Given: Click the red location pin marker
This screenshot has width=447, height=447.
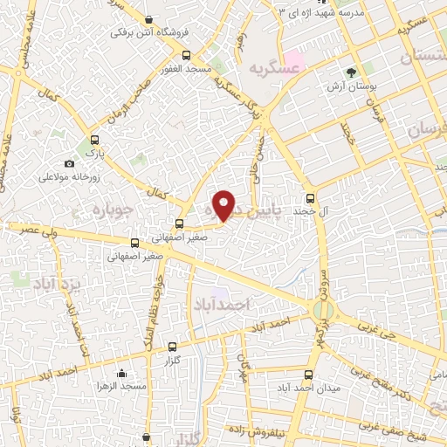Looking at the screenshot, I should [x=224, y=204].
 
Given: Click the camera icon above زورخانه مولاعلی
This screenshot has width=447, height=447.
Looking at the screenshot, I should [x=70, y=163].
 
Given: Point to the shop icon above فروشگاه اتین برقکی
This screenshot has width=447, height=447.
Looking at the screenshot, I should [x=148, y=19].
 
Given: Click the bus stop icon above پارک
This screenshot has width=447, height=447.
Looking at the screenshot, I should [x=94, y=138].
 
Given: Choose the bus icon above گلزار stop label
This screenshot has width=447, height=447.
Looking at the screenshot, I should [x=171, y=346].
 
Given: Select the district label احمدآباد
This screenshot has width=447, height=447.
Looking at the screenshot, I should [x=223, y=303].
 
